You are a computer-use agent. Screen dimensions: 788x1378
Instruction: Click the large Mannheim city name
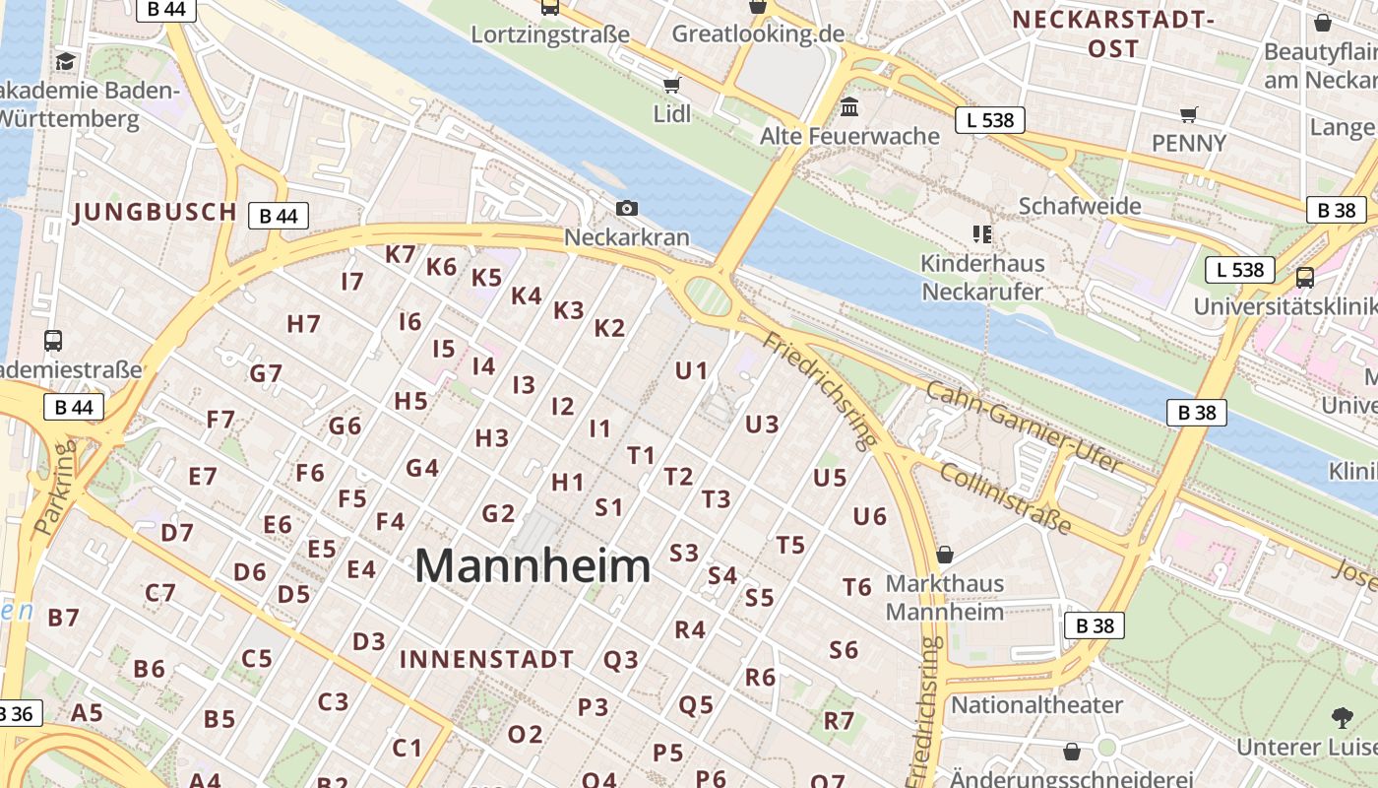(532, 566)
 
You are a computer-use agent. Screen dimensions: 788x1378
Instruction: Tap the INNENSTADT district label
(486, 660)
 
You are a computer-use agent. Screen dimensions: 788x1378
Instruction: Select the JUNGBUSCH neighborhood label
(156, 212)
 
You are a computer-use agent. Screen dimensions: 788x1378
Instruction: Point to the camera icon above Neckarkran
(626, 208)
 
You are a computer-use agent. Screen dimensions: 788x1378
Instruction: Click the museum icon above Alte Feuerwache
(849, 105)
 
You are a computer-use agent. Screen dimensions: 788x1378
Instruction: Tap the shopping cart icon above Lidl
(672, 85)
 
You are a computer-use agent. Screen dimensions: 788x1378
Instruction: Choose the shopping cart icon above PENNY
(1189, 114)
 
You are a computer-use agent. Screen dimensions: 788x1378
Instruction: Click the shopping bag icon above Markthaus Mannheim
(945, 555)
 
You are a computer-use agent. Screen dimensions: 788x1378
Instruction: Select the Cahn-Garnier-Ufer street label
(1024, 427)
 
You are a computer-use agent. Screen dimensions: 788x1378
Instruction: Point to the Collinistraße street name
(1005, 498)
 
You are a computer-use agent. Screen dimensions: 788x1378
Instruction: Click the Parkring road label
(55, 489)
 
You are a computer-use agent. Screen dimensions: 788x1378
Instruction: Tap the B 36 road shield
(17, 714)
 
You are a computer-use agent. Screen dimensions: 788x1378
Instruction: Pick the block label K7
(401, 254)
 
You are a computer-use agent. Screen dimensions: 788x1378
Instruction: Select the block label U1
(691, 371)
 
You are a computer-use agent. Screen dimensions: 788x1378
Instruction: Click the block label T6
(856, 587)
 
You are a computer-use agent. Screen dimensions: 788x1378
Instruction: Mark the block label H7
(303, 323)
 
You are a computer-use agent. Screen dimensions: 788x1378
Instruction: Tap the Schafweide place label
(1080, 206)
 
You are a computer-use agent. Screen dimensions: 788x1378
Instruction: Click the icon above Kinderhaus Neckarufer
(981, 234)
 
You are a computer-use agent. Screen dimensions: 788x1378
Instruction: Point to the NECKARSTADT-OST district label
(1113, 33)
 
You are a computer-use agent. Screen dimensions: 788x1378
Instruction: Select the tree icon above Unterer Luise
(1341, 717)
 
